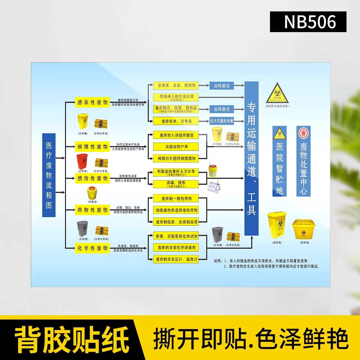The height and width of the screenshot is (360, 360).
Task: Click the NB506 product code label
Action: pyautogui.click(x=308, y=22)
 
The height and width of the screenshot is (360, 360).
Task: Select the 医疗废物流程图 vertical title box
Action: pyautogui.click(x=49, y=175)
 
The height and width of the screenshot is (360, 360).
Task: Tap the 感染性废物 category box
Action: pyautogui.click(x=92, y=102)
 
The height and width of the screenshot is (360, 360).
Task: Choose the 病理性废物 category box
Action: pyautogui.click(x=92, y=147)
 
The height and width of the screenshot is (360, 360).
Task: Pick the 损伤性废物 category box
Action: pyautogui.click(x=92, y=178)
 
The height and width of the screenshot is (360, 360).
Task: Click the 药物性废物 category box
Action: pyautogui.click(x=92, y=210)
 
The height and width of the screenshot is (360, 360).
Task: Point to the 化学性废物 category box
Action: pyautogui.click(x=92, y=248)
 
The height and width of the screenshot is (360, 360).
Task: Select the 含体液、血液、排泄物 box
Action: pyautogui.click(x=176, y=85)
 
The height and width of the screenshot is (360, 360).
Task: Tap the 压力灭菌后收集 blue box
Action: pyautogui.click(x=222, y=121)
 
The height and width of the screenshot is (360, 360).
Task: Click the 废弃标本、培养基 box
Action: pyautogui.click(x=176, y=121)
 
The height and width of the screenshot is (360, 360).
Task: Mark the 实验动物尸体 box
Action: pyautogui.click(x=176, y=147)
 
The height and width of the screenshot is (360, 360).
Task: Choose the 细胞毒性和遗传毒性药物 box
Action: pyautogui.click(x=176, y=210)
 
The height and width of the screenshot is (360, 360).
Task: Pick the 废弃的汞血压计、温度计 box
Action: pyautogui.click(x=176, y=259)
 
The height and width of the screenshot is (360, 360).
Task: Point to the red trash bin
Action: pyautogui.click(x=82, y=162)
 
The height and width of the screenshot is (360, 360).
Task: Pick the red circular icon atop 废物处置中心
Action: pyautogui.click(x=303, y=133)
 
